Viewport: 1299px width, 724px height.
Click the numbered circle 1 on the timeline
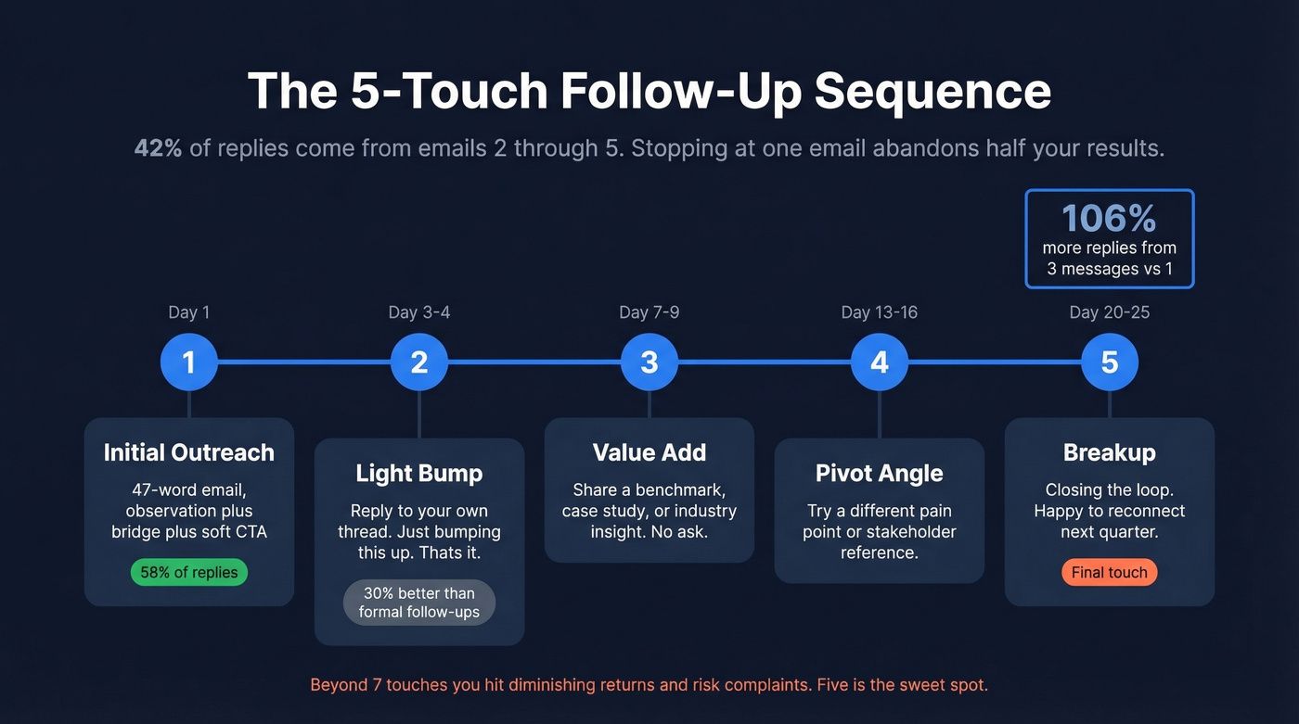tap(189, 362)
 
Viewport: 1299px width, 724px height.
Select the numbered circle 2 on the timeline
tap(419, 362)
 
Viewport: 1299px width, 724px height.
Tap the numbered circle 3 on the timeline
tap(649, 362)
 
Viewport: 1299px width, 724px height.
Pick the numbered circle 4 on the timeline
tap(880, 362)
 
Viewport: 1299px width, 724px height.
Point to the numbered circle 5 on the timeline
tap(1110, 362)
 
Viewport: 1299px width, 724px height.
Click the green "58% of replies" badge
tap(189, 572)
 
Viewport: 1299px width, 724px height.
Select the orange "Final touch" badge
tap(1110, 572)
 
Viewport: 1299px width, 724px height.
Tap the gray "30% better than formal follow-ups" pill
tap(419, 603)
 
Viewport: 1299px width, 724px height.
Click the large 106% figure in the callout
tap(1109, 219)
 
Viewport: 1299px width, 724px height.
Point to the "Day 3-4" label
tap(419, 312)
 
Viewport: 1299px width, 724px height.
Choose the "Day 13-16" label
tap(880, 312)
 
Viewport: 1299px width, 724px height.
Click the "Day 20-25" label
tap(1110, 312)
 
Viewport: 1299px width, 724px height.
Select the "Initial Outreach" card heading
tap(189, 452)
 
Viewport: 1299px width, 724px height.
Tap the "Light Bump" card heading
tap(419, 473)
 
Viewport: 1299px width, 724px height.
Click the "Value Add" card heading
tap(649, 452)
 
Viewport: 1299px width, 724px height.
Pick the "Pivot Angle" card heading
tap(880, 473)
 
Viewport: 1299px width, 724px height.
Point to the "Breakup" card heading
tap(1110, 452)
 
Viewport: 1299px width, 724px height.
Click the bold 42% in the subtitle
tap(158, 148)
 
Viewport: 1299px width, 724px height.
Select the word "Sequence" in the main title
tap(932, 91)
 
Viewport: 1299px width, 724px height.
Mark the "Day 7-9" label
tap(649, 312)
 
